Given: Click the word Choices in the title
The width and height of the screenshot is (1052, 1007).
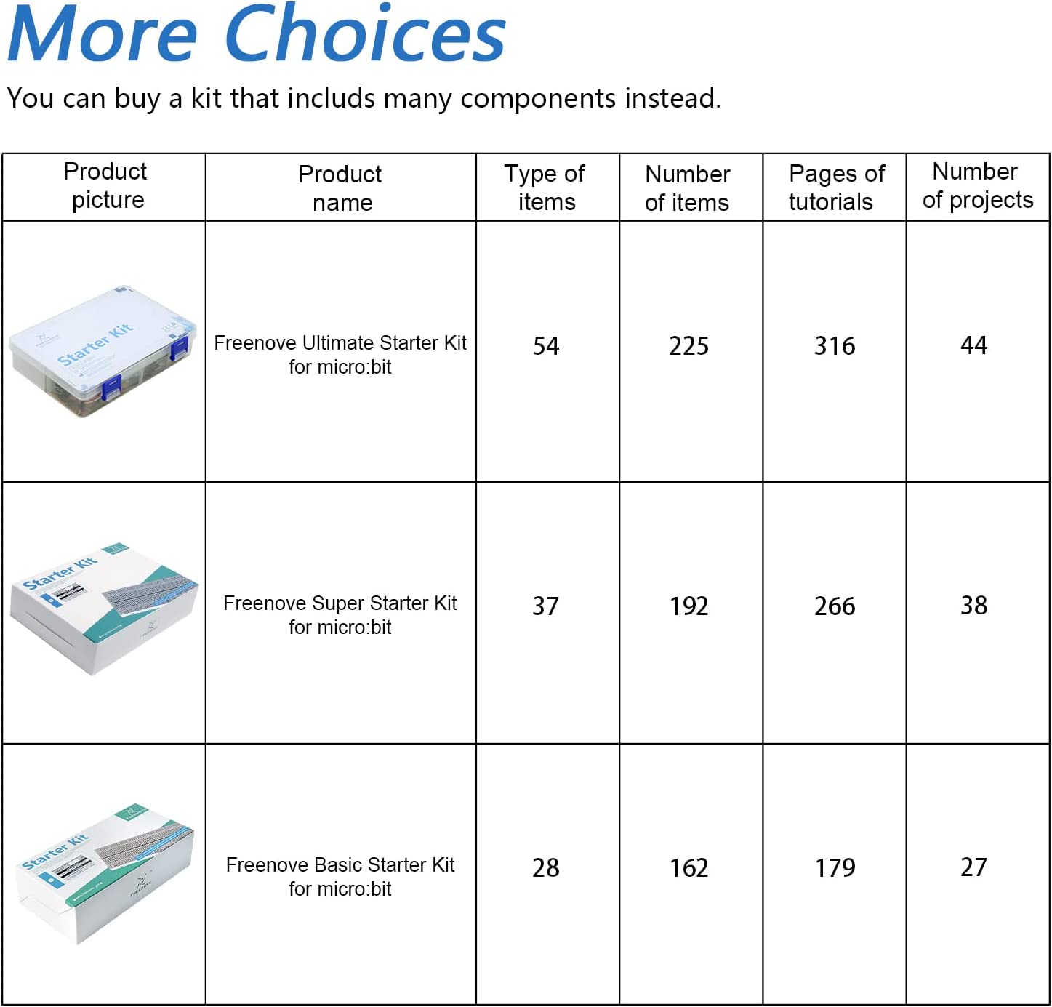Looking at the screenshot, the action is coord(365,33).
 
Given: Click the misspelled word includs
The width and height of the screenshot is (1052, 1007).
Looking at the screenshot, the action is coord(332,98).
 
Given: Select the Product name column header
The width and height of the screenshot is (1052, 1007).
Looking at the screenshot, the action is coord(340,188).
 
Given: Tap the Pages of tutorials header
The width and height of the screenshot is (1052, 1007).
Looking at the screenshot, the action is coord(836,187).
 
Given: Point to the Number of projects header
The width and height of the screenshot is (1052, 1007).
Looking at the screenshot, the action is coord(977,185).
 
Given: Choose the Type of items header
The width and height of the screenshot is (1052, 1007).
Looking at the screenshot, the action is coord(545,187).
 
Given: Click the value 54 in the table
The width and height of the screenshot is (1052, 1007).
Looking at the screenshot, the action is coord(545,346).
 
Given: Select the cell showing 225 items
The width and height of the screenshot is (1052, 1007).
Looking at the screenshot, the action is coord(688,346).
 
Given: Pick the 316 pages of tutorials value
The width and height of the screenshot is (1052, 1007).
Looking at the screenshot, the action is coord(835,346).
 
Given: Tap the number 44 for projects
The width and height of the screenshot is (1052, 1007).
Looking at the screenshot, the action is coord(973,345).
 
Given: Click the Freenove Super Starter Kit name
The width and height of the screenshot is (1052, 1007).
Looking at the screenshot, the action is coord(340,614).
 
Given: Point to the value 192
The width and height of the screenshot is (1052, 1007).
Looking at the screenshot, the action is coord(688,606).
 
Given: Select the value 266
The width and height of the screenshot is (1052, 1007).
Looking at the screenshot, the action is coord(835,606).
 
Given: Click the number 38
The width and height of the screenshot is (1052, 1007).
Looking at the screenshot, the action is coord(973,606).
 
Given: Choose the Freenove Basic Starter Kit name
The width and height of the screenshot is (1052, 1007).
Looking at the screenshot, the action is coord(340,877).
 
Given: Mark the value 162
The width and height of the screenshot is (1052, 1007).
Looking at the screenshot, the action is coord(688,868).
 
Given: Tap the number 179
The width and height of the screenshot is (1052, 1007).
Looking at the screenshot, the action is coord(835,868).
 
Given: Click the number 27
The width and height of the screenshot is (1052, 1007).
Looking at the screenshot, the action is coord(973,867).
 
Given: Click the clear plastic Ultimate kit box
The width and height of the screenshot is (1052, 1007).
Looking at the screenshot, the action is coord(103,351).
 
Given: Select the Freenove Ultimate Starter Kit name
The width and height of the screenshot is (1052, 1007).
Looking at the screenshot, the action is coord(340,354).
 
